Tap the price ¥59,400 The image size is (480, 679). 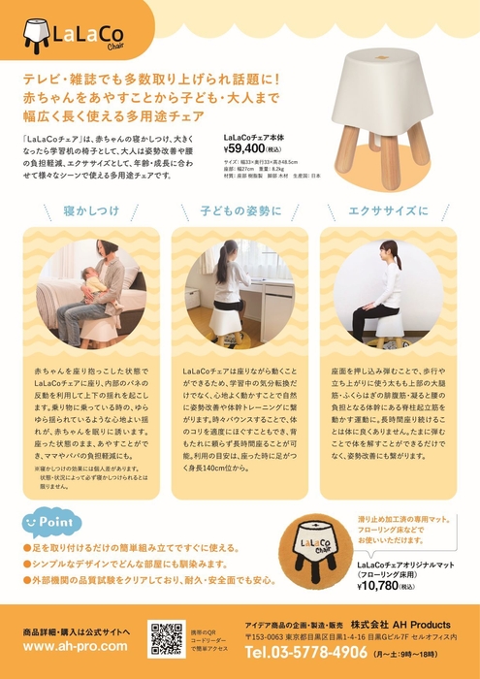250,150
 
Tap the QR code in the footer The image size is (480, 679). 166,638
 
